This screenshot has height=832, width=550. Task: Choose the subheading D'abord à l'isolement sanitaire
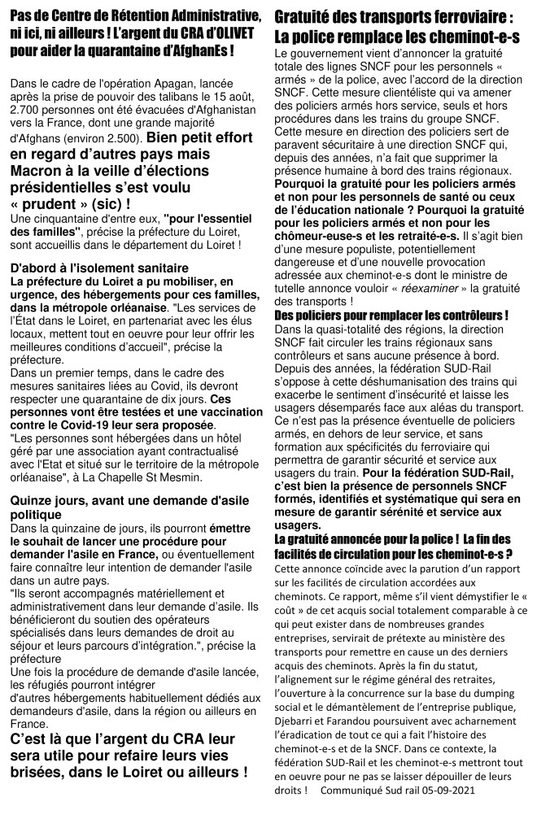pyautogui.click(x=99, y=268)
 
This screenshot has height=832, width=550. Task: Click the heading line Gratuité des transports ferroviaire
pyautogui.click(x=394, y=17)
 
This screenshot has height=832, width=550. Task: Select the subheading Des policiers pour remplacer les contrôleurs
pyautogui.click(x=391, y=315)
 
